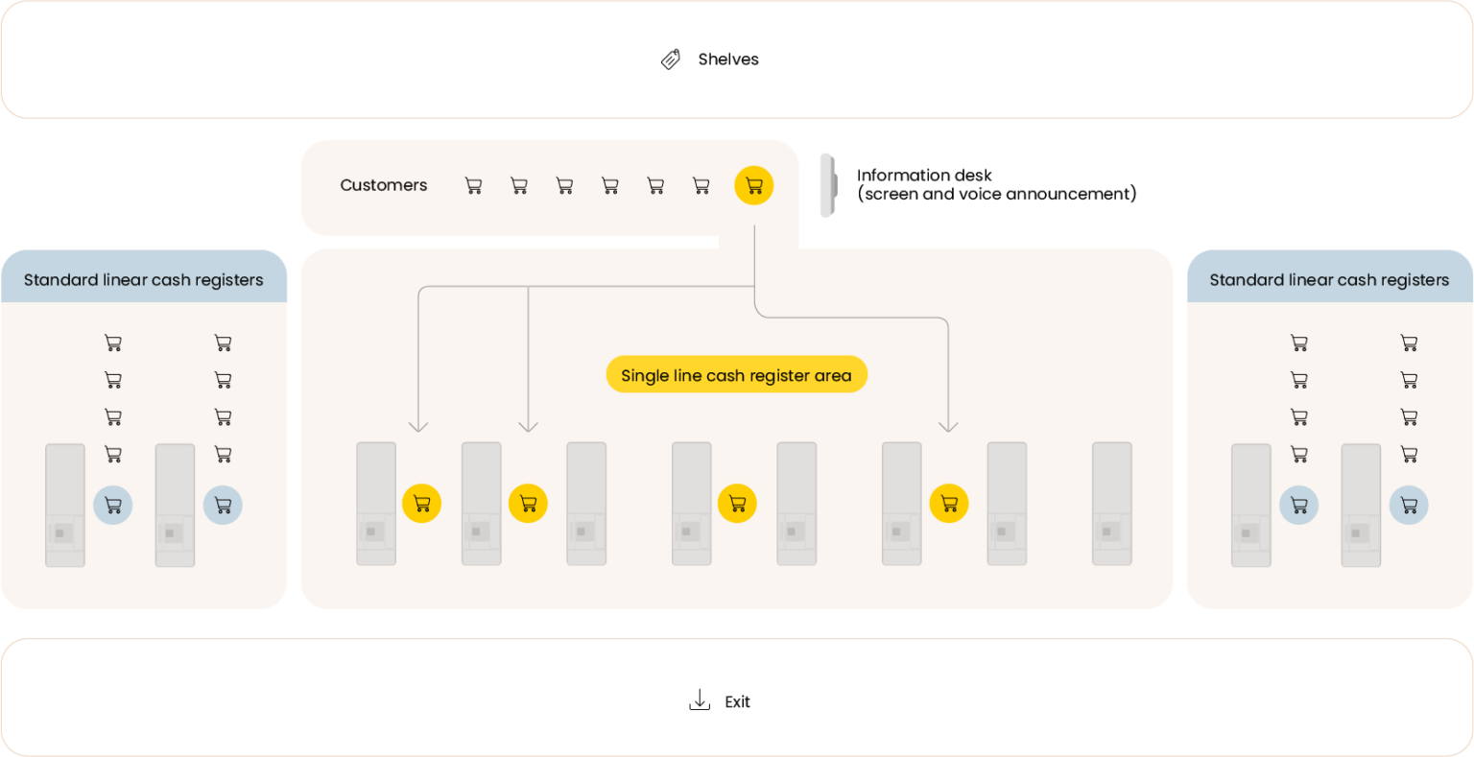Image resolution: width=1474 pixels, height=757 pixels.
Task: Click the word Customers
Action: [x=383, y=185]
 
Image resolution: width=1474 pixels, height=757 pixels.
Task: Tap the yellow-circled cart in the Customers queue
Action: [x=753, y=185]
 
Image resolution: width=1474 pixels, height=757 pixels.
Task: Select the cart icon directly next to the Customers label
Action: [x=473, y=185]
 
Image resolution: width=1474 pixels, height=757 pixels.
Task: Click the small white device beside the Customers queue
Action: [x=827, y=185]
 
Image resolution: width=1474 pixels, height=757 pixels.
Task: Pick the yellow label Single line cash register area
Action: [x=735, y=375]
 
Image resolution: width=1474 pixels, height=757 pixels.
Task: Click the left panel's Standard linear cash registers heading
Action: [x=143, y=280]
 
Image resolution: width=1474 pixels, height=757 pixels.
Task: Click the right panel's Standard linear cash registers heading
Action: [x=1329, y=280]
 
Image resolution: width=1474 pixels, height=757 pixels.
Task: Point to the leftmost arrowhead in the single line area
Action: [x=418, y=425]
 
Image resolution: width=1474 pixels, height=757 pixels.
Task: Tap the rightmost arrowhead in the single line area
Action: [x=948, y=425]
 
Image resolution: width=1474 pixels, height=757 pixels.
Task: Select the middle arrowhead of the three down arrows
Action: [x=529, y=425]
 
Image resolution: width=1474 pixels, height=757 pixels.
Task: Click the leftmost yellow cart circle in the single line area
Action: [x=421, y=503]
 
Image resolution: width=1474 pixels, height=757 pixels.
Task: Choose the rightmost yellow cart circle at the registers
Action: [x=948, y=503]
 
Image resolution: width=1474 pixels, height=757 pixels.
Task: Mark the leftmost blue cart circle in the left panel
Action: [x=113, y=505]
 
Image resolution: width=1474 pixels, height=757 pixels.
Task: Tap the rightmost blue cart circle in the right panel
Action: [x=1409, y=505]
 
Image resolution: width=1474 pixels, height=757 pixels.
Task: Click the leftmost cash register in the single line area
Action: [x=376, y=503]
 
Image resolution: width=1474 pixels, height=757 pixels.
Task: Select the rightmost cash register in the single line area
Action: [x=1111, y=503]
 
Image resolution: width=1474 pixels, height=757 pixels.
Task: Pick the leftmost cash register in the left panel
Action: [x=65, y=505]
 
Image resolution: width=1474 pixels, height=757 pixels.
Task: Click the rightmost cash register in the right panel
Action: [x=1361, y=505]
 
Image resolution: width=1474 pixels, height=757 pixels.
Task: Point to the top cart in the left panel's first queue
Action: [x=113, y=343]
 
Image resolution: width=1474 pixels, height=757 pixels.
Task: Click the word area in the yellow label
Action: [x=833, y=375]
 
